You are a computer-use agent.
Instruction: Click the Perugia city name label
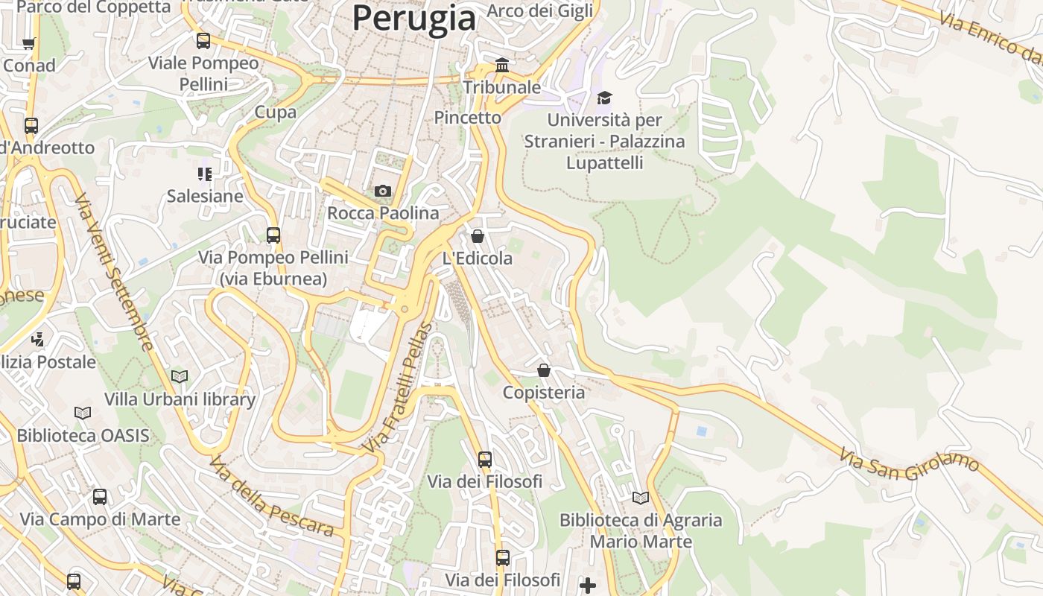pos(413,18)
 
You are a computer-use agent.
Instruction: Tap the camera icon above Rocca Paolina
pos(383,191)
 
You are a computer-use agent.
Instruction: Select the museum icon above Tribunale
pos(502,66)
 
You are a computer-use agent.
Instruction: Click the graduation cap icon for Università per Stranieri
pos(604,98)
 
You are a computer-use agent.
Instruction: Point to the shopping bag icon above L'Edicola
pos(478,236)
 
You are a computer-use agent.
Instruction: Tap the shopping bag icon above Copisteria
pos(544,370)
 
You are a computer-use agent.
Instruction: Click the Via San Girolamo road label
pos(909,463)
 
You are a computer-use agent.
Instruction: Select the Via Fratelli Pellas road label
pos(398,387)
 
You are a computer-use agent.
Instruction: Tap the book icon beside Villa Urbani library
pos(180,376)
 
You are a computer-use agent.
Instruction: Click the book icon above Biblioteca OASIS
pos(83,413)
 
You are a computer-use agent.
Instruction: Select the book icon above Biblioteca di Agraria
pos(641,498)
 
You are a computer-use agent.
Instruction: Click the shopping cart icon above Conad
pos(29,43)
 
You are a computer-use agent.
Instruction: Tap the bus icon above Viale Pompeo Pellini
pos(203,41)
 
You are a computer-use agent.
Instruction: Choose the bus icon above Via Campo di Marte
pos(100,496)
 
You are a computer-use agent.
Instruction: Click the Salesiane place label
pos(205,196)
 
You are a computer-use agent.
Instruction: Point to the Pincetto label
pos(468,118)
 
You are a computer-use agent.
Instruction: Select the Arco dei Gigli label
pos(540,10)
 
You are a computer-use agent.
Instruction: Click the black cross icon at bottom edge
pos(588,586)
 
